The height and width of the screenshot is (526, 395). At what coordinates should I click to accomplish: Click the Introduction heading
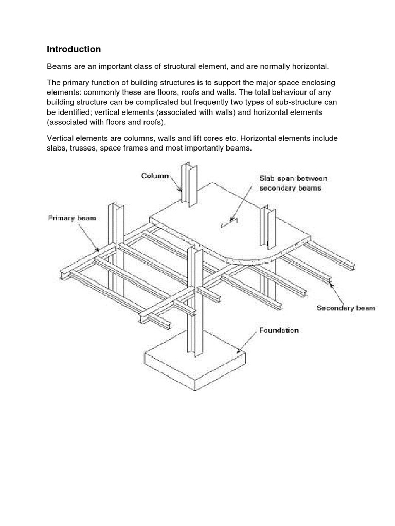pos(74,50)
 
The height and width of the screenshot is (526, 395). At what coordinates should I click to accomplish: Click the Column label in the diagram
pos(155,176)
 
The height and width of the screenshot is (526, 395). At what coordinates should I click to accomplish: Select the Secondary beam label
pos(346,308)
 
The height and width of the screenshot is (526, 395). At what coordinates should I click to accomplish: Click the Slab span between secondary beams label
pos(293,182)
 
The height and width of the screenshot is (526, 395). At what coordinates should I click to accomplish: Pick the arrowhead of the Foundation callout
pos(238,352)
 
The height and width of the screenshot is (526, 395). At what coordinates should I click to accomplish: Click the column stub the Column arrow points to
pos(186,185)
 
